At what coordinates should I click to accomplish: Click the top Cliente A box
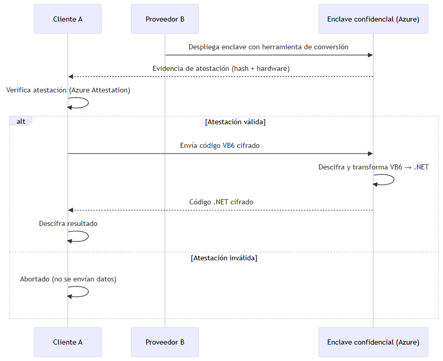click(68, 19)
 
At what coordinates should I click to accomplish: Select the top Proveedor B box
click(165, 19)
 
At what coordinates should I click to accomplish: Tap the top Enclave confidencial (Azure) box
click(373, 19)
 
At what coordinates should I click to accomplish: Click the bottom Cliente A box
click(68, 342)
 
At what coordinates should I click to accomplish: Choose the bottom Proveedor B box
click(165, 342)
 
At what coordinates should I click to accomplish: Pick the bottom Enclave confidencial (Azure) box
click(373, 342)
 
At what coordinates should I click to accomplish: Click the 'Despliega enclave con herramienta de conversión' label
click(268, 47)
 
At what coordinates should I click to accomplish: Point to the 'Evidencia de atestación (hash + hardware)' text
click(221, 68)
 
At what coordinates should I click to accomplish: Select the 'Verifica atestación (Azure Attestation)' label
click(68, 90)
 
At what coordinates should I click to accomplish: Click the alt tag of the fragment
click(21, 121)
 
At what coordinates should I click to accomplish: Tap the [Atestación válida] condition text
click(235, 122)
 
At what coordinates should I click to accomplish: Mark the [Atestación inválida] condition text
click(224, 258)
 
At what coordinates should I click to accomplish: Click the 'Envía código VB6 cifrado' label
click(220, 145)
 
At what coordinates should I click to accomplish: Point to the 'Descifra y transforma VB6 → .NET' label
click(373, 167)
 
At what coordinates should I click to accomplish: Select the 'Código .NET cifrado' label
click(221, 202)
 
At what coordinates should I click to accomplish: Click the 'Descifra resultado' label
click(68, 223)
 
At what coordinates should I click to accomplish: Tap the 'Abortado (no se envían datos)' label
click(68, 279)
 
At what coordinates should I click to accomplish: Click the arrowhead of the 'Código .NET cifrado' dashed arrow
click(71, 210)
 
